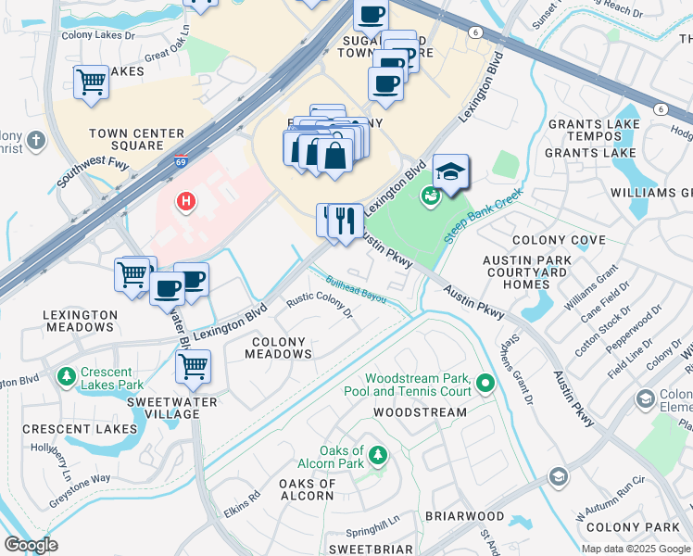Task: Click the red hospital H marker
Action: (x=186, y=200)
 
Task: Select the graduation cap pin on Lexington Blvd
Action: (x=450, y=172)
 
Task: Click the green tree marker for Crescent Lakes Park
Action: (x=66, y=377)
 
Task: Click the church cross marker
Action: (x=35, y=142)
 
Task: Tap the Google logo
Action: (x=31, y=545)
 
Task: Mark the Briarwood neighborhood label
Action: (x=464, y=516)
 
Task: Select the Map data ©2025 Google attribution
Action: (x=636, y=549)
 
